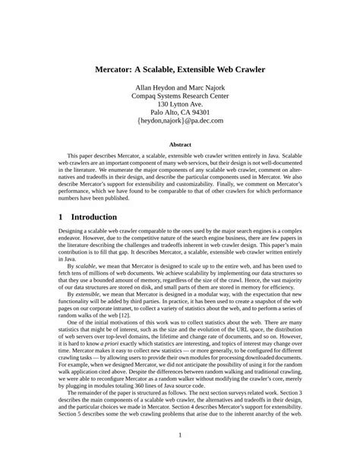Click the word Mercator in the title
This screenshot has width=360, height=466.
pos(116,69)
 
